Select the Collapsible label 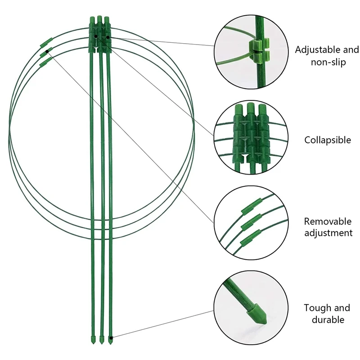327,140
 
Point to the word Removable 327,221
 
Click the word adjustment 328,233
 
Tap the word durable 327,320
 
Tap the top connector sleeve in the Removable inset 248,207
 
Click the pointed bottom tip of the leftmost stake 93,338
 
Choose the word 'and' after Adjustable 351,50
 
